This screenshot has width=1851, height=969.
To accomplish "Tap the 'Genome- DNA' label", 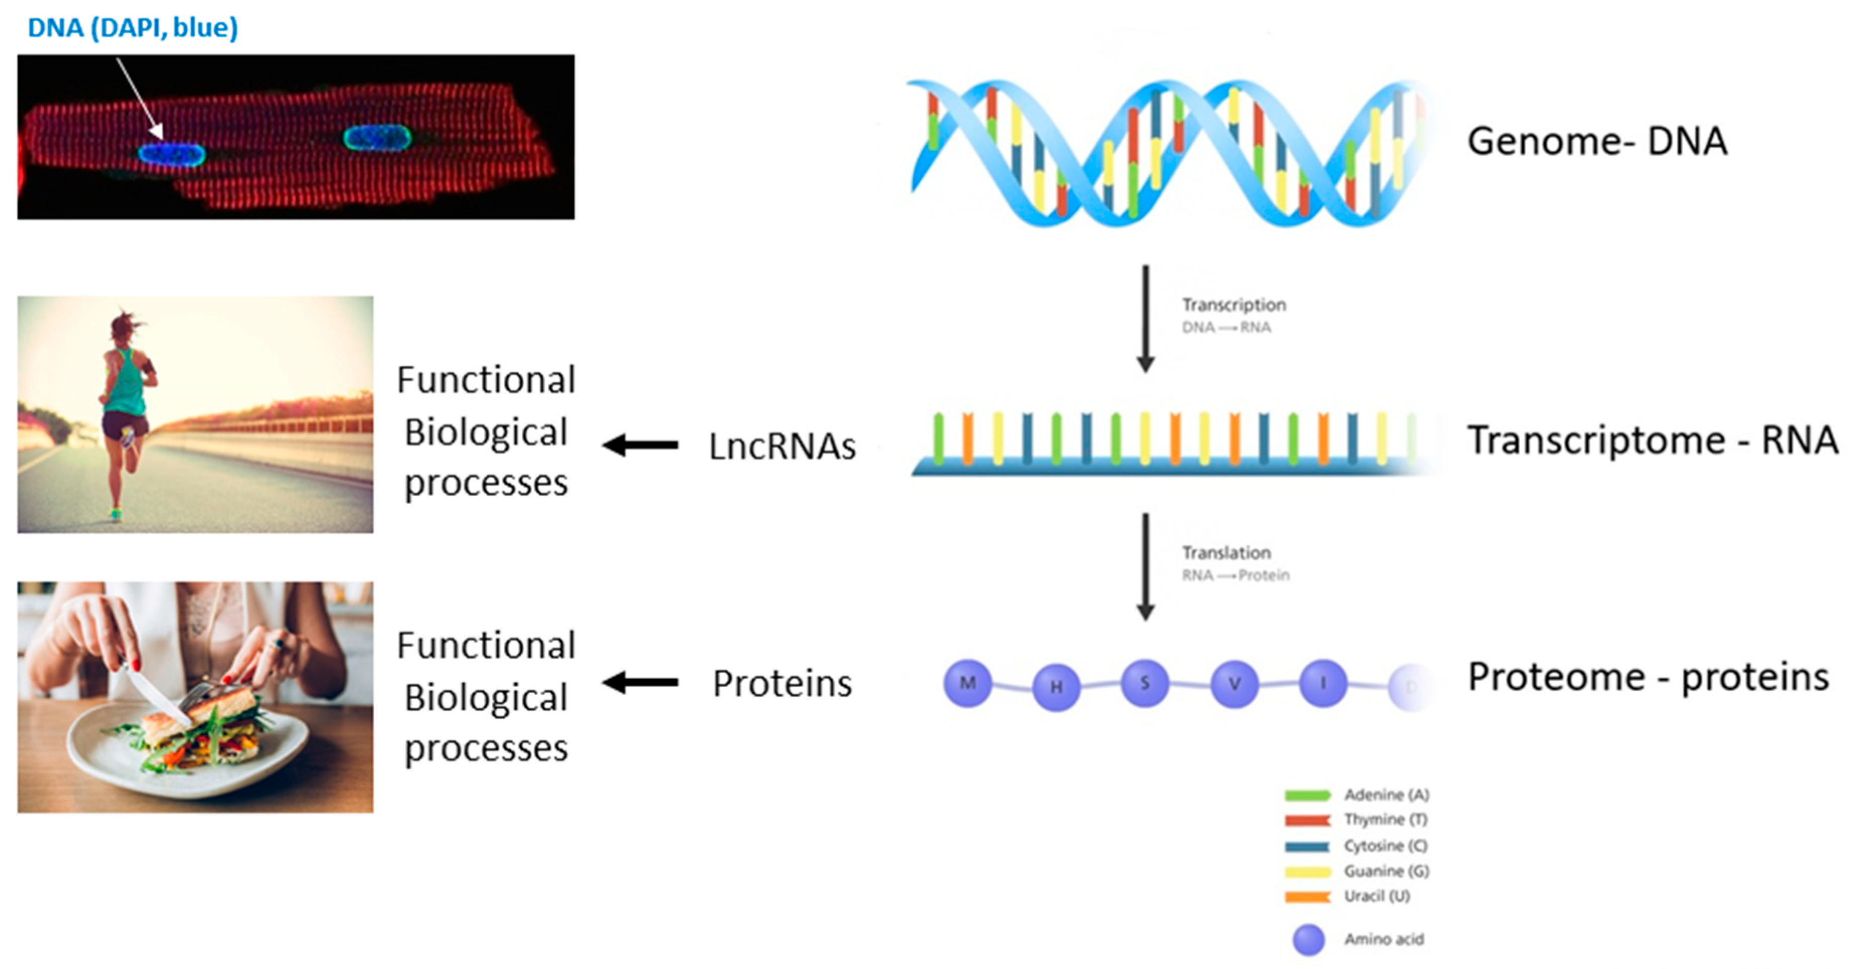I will (x=1597, y=141).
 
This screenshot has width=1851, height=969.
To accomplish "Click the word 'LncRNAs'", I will (x=782, y=446).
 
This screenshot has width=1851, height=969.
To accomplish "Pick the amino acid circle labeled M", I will (x=967, y=683).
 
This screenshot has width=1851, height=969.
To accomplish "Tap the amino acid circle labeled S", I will (x=1144, y=683).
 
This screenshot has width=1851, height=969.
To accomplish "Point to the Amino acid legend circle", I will (x=1308, y=939).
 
